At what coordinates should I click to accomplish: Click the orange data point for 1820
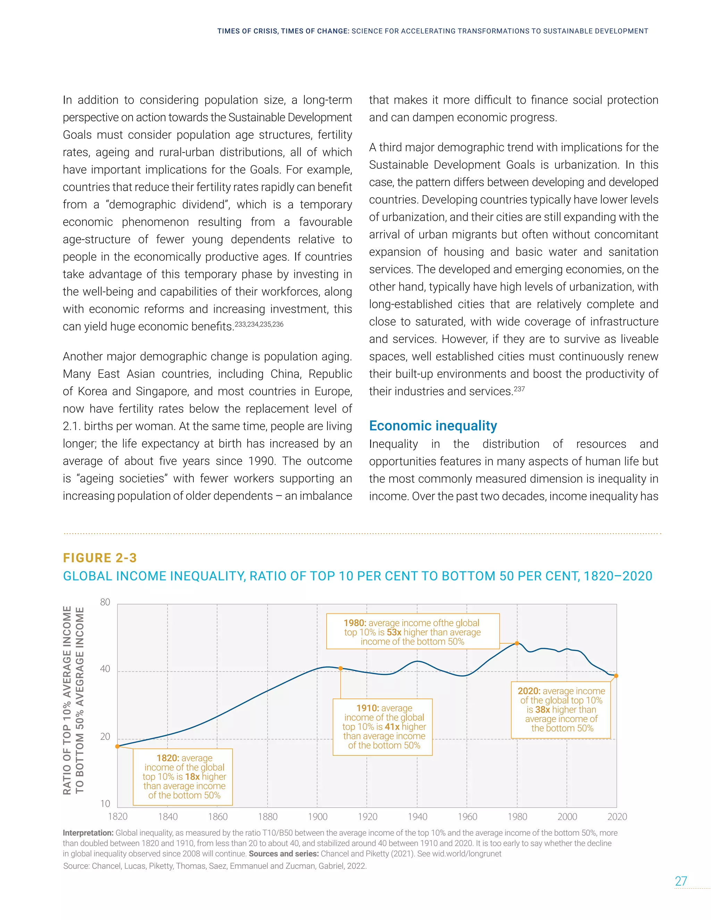(118, 746)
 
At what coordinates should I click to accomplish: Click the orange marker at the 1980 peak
(517, 644)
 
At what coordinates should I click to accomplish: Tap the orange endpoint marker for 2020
(616, 676)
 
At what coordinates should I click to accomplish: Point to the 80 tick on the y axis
(105, 602)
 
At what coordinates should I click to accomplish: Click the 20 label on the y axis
(105, 737)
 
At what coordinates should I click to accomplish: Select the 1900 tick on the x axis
(318, 817)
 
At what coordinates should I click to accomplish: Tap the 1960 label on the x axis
(468, 817)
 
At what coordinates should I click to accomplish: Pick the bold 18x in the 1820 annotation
(192, 777)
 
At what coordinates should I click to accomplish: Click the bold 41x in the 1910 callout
(392, 727)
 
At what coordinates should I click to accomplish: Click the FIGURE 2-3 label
(100, 558)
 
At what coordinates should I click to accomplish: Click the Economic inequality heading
(433, 426)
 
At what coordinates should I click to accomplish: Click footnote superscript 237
(519, 389)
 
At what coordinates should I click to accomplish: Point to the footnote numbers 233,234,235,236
(259, 324)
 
